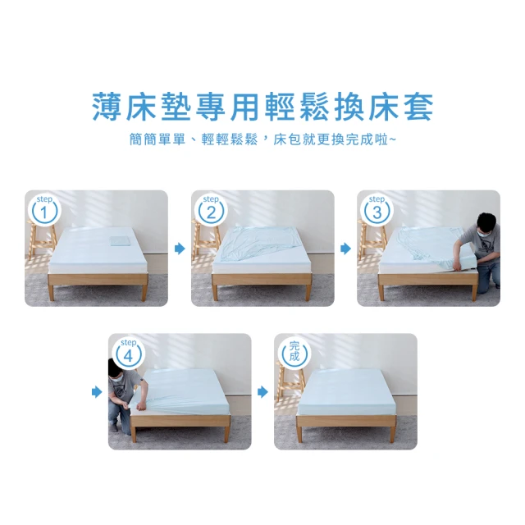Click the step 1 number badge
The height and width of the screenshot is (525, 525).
(44, 210)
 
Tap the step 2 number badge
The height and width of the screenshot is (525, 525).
(211, 210)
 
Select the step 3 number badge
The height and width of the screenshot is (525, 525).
(377, 210)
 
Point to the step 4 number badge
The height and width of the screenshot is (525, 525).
(128, 354)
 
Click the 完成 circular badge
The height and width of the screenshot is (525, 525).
(294, 354)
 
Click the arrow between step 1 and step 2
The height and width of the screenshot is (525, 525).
(180, 249)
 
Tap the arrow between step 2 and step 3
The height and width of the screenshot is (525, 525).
(346, 249)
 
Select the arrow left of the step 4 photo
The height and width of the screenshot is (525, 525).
(97, 392)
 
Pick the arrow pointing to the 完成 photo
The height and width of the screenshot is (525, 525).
(262, 392)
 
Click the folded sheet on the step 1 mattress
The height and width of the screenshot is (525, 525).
(120, 241)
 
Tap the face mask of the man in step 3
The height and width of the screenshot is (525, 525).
(485, 232)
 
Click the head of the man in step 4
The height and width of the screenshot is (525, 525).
(115, 371)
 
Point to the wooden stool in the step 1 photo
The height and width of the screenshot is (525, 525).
(41, 240)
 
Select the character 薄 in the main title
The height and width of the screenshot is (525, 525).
(107, 107)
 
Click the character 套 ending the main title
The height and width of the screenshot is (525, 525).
(418, 107)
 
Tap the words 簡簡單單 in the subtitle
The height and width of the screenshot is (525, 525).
(157, 139)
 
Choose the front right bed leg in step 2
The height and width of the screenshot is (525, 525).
(308, 291)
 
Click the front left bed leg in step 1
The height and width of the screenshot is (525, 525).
(52, 291)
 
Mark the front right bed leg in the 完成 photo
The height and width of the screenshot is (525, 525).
(393, 434)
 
